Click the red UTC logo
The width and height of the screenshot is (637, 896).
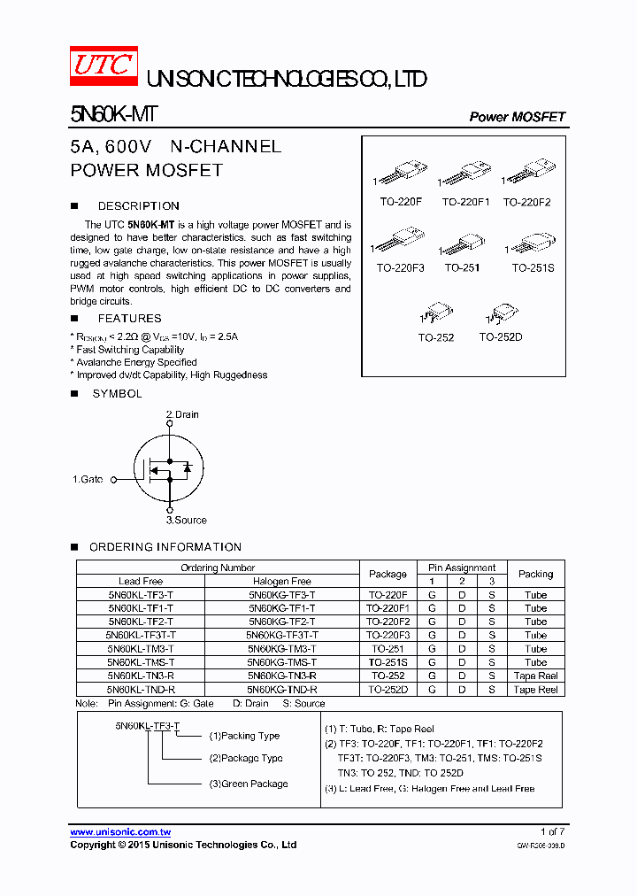pyautogui.click(x=104, y=66)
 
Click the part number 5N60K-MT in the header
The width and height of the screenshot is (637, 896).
pyautogui.click(x=114, y=116)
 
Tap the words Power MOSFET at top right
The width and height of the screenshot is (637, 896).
pyautogui.click(x=517, y=117)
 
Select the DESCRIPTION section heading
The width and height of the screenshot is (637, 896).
pyautogui.click(x=138, y=205)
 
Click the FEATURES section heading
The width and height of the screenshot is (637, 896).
pyautogui.click(x=129, y=318)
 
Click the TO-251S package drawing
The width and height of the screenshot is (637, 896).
pyautogui.click(x=533, y=242)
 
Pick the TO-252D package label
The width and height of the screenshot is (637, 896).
pyautogui.click(x=501, y=336)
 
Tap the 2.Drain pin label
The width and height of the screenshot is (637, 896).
pyautogui.click(x=182, y=414)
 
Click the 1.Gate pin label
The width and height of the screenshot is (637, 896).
pyautogui.click(x=88, y=479)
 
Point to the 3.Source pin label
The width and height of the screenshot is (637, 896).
pyautogui.click(x=187, y=520)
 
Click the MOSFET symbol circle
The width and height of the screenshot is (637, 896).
pyautogui.click(x=168, y=467)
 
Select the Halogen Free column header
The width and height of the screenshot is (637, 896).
pyautogui.click(x=281, y=581)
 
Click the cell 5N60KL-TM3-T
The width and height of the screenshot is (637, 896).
pyautogui.click(x=141, y=648)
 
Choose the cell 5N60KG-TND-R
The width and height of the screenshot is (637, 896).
pyautogui.click(x=281, y=689)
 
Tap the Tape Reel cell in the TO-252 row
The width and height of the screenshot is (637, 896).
pyautogui.click(x=535, y=676)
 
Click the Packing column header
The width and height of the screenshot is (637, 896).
pyautogui.click(x=535, y=574)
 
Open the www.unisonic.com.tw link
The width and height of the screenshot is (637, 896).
pyautogui.click(x=120, y=832)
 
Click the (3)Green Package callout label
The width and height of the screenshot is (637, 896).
pyautogui.click(x=248, y=784)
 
